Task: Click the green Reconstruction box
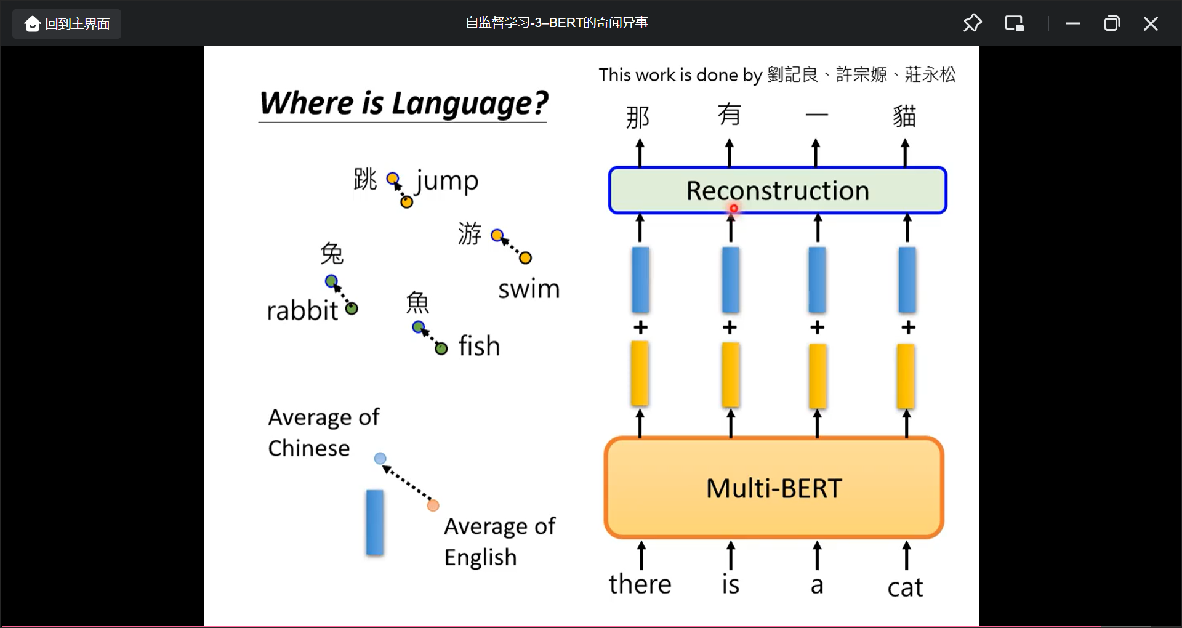777,190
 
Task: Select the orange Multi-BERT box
774,488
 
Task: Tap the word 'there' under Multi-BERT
640,584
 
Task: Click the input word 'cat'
905,587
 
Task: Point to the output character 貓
904,116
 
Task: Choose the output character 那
638,117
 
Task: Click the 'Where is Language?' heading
403,103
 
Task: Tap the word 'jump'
447,181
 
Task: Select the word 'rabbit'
302,310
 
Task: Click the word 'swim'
529,289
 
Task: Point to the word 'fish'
479,346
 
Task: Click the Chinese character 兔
332,253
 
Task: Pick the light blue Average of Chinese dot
380,458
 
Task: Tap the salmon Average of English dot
433,505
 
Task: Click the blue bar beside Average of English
375,522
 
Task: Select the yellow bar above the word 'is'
730,374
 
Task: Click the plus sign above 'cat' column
908,327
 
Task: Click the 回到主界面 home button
67,24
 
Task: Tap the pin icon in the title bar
972,23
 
